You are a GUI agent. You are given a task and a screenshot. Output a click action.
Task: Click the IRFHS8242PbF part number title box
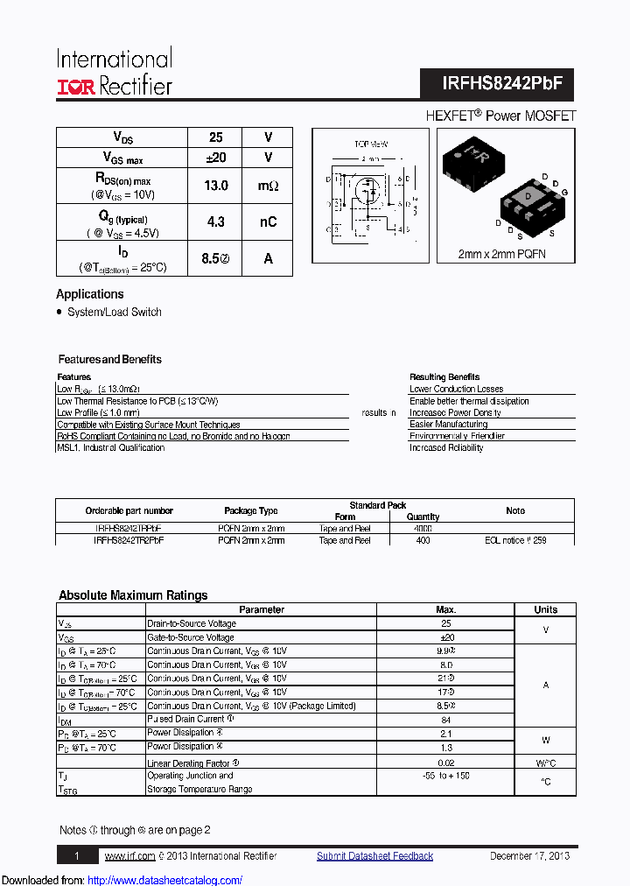click(x=496, y=85)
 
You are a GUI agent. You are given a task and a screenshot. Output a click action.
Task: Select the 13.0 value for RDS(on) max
click(x=216, y=186)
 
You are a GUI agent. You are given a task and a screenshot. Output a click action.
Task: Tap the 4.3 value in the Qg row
click(x=216, y=222)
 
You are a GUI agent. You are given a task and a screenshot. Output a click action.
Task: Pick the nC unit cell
click(x=268, y=222)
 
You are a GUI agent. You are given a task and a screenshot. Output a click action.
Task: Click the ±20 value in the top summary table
click(x=216, y=158)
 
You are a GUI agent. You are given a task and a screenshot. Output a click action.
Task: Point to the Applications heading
click(x=90, y=294)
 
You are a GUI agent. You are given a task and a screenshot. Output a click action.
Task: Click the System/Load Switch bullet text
click(x=114, y=313)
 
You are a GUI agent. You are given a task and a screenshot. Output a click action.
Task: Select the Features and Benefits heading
click(x=109, y=360)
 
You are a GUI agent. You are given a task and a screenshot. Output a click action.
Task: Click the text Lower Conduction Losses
click(x=456, y=389)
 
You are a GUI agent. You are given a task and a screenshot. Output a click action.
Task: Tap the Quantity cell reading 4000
click(x=423, y=529)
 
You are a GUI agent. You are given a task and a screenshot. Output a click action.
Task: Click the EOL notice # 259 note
click(x=515, y=541)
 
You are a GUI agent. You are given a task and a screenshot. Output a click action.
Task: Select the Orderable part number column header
click(x=129, y=510)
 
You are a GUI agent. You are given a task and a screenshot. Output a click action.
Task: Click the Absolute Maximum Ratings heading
click(x=133, y=595)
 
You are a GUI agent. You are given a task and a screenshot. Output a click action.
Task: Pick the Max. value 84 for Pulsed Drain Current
click(x=445, y=721)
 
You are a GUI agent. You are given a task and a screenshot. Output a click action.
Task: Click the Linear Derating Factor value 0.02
click(x=445, y=763)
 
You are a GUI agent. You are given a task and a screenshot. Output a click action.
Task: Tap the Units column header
click(x=546, y=609)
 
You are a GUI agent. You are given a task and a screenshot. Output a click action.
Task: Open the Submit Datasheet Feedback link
click(x=374, y=856)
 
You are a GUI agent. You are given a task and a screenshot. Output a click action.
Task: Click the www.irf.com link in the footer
click(x=129, y=856)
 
